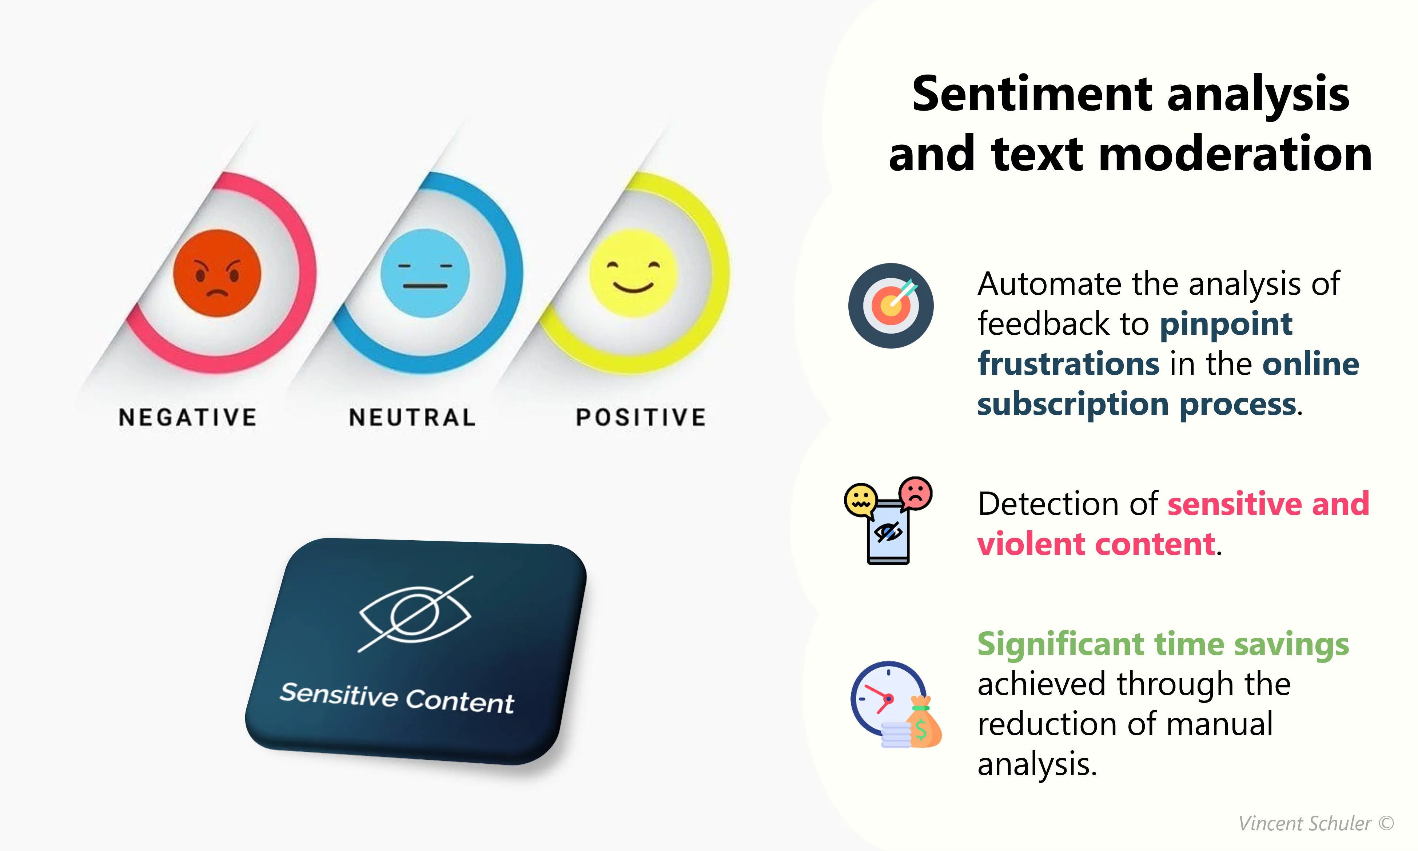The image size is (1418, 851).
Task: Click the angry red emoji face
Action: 217,273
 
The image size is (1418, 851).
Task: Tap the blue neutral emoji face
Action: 425,273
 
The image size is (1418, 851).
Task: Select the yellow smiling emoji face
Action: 633,273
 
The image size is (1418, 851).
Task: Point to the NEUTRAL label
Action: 412,417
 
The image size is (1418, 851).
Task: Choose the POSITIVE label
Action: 641,417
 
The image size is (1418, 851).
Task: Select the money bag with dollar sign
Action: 923,722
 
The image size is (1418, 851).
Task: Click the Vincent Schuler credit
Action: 1316,823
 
